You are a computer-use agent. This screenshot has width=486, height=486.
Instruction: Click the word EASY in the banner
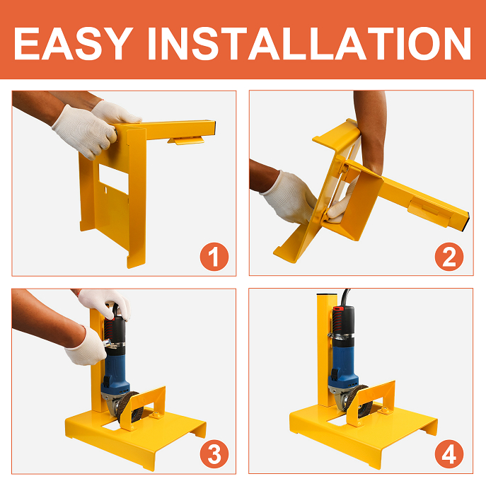(x=74, y=43)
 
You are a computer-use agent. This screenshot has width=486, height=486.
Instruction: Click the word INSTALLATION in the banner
(x=310, y=43)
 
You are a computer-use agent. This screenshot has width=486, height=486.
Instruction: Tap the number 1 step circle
(x=214, y=257)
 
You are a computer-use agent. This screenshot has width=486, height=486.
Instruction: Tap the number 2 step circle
(x=449, y=257)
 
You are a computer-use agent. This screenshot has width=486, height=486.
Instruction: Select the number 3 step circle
(x=214, y=454)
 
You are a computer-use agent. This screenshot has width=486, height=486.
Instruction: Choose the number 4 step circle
(x=449, y=454)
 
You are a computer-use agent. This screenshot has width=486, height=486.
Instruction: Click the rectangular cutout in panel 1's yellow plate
(x=113, y=179)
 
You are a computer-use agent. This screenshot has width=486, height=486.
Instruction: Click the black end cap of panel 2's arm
(x=465, y=221)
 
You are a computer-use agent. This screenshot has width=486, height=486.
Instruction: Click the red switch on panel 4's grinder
(x=339, y=308)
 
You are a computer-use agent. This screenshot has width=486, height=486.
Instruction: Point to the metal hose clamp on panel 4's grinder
(x=340, y=336)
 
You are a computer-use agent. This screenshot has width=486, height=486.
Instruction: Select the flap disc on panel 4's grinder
(x=359, y=401)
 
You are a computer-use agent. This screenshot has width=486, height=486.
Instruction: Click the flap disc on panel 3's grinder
(x=128, y=407)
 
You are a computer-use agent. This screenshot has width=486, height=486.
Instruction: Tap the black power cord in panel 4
(x=345, y=297)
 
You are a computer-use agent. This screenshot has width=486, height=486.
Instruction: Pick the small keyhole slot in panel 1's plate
(x=105, y=188)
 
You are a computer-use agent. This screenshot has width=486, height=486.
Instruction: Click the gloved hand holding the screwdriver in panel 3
(x=86, y=347)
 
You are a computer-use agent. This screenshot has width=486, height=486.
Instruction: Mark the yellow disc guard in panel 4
(x=371, y=403)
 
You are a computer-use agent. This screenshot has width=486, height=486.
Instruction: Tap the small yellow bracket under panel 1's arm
(x=186, y=141)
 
